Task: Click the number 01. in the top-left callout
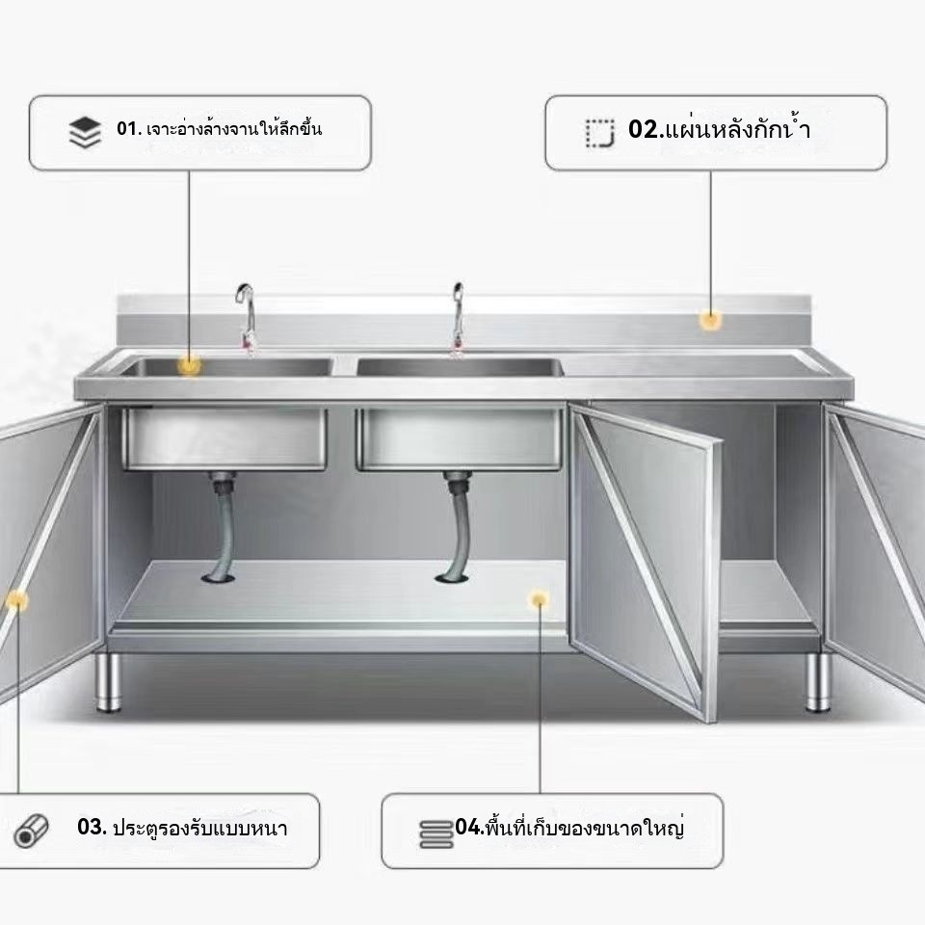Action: click(x=129, y=128)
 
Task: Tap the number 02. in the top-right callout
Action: click(x=646, y=129)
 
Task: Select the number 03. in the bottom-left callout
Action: click(x=92, y=827)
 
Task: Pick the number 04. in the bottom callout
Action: click(x=469, y=827)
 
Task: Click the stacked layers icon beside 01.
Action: click(x=85, y=132)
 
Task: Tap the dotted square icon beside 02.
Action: click(x=600, y=133)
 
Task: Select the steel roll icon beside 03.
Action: click(x=31, y=832)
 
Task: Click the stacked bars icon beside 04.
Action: click(x=436, y=834)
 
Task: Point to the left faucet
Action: click(x=247, y=319)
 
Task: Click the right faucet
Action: click(x=458, y=319)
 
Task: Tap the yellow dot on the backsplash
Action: click(x=710, y=320)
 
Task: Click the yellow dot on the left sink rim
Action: click(x=189, y=366)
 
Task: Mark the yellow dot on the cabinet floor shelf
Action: click(x=539, y=600)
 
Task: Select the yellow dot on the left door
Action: click(x=16, y=600)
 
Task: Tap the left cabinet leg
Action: click(x=109, y=682)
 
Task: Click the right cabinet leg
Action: click(x=818, y=682)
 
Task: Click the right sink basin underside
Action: click(x=459, y=439)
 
